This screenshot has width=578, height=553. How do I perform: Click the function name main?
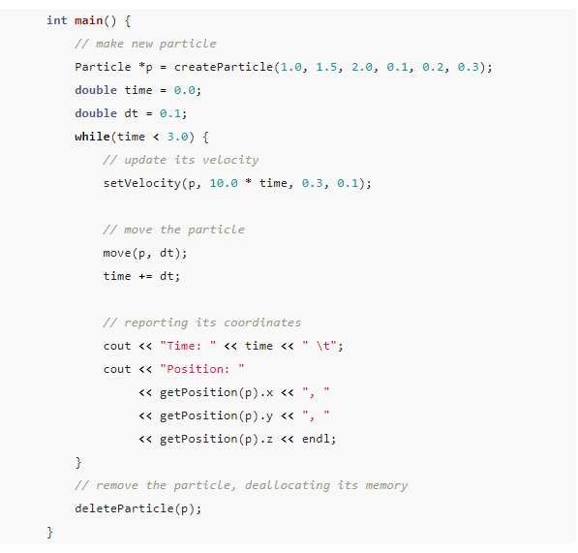(88, 20)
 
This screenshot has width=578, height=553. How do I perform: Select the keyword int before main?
(57, 20)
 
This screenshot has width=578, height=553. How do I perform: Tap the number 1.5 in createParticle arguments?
(326, 67)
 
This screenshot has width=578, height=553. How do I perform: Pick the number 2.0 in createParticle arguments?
(362, 67)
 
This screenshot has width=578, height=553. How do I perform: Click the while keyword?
(92, 137)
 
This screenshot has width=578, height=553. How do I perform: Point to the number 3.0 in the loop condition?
(177, 137)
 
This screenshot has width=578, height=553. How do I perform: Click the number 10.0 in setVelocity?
(224, 183)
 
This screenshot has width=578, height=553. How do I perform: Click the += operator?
(145, 276)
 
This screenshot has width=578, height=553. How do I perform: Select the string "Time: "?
(188, 346)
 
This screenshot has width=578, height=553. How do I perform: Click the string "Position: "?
(201, 369)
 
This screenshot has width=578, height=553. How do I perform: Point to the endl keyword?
(316, 439)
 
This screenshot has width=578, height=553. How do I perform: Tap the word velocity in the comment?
(230, 160)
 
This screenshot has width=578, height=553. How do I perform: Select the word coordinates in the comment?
(262, 323)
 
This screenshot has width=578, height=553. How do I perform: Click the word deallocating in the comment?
(288, 485)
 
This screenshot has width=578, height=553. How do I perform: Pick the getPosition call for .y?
(209, 415)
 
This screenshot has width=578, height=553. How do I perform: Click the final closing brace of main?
(49, 532)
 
